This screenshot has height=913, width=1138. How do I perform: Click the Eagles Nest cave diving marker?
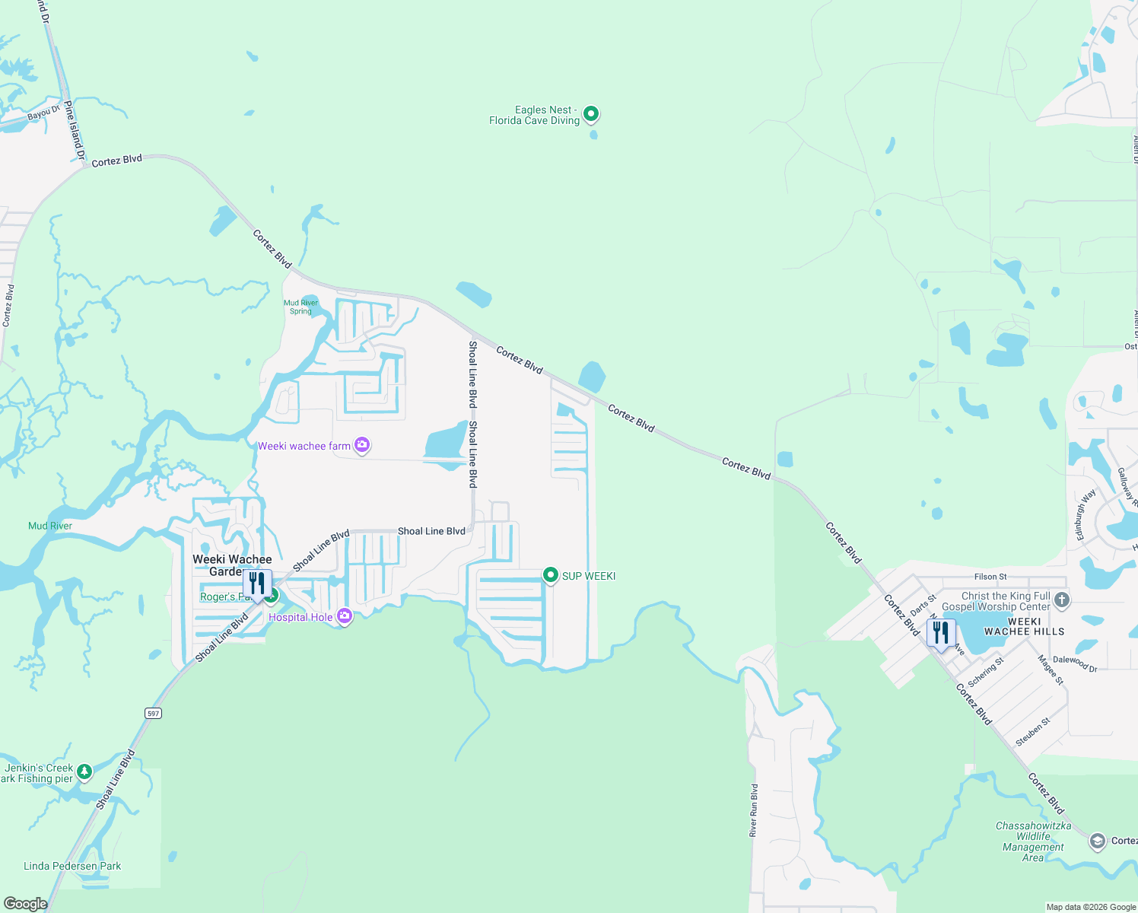pyautogui.click(x=591, y=114)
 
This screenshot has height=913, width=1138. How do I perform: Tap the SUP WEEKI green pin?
pyautogui.click(x=550, y=575)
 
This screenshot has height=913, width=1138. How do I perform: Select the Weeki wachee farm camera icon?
pyautogui.click(x=363, y=445)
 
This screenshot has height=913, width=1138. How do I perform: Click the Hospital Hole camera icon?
pyautogui.click(x=345, y=616)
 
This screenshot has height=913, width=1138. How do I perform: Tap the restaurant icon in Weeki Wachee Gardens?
pyautogui.click(x=257, y=584)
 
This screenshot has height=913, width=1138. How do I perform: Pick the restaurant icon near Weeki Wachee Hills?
pyautogui.click(x=941, y=632)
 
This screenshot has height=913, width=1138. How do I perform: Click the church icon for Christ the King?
pyautogui.click(x=1062, y=600)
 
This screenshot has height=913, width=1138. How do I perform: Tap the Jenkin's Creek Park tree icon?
pyautogui.click(x=84, y=771)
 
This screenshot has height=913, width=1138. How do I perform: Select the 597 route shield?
pyautogui.click(x=154, y=713)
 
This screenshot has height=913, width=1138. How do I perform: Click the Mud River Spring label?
pyautogui.click(x=301, y=307)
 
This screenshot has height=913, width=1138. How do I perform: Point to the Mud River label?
pyautogui.click(x=50, y=526)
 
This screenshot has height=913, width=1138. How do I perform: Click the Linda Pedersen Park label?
pyautogui.click(x=72, y=866)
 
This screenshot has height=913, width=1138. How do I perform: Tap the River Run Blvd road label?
pyautogui.click(x=754, y=810)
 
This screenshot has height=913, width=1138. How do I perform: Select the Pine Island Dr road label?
pyautogui.click(x=75, y=130)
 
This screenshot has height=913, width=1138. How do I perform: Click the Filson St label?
pyautogui.click(x=990, y=577)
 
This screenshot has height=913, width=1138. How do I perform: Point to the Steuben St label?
pyautogui.click(x=1034, y=732)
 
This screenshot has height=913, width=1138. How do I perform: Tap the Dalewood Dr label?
pyautogui.click(x=1075, y=663)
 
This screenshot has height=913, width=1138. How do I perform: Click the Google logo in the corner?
pyautogui.click(x=25, y=903)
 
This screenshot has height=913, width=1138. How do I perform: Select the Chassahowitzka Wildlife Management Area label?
pyautogui.click(x=1033, y=841)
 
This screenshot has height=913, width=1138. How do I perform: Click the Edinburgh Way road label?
pyautogui.click(x=1086, y=514)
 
